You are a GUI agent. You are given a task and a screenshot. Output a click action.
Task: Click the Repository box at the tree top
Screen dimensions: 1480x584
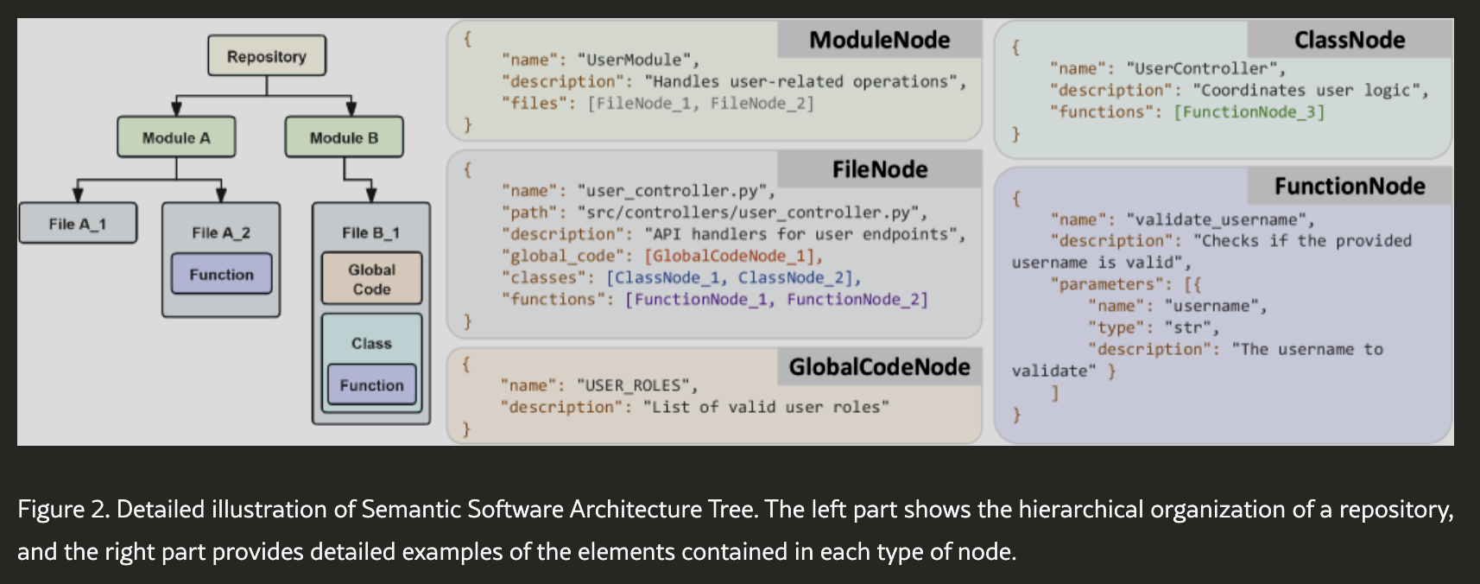[x=267, y=55]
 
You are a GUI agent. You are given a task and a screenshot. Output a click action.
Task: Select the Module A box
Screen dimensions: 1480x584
[x=176, y=136]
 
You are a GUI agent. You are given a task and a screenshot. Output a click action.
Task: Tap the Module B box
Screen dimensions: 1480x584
[x=345, y=136]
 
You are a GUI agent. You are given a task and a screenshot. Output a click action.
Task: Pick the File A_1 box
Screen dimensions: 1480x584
[x=78, y=223]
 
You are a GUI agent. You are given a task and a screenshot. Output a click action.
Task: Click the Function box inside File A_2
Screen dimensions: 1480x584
[x=221, y=274]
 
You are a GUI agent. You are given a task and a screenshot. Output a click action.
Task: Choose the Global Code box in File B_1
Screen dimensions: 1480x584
[x=372, y=278]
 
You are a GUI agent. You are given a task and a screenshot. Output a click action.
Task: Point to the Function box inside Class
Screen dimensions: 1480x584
[x=372, y=384]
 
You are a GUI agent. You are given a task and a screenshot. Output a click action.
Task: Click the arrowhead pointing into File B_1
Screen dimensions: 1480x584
[x=371, y=194]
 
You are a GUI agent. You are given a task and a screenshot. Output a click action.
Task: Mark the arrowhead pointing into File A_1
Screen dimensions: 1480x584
[x=78, y=194]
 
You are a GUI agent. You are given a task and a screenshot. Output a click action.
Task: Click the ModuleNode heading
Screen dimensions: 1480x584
[x=879, y=40]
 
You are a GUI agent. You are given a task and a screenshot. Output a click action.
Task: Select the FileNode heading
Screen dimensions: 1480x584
[x=879, y=169]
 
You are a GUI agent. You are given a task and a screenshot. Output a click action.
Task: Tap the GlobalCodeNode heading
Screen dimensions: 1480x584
[x=879, y=366]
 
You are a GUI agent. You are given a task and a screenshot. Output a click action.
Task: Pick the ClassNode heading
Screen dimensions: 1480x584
[x=1349, y=40]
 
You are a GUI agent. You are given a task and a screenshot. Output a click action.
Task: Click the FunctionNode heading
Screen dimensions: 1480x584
[x=1349, y=186]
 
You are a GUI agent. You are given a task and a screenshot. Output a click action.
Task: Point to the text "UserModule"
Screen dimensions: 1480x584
[x=639, y=60]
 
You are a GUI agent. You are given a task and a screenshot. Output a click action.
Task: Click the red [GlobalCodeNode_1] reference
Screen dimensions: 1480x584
[x=733, y=256]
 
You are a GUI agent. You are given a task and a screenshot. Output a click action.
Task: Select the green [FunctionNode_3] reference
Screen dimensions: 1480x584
[x=1249, y=111]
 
